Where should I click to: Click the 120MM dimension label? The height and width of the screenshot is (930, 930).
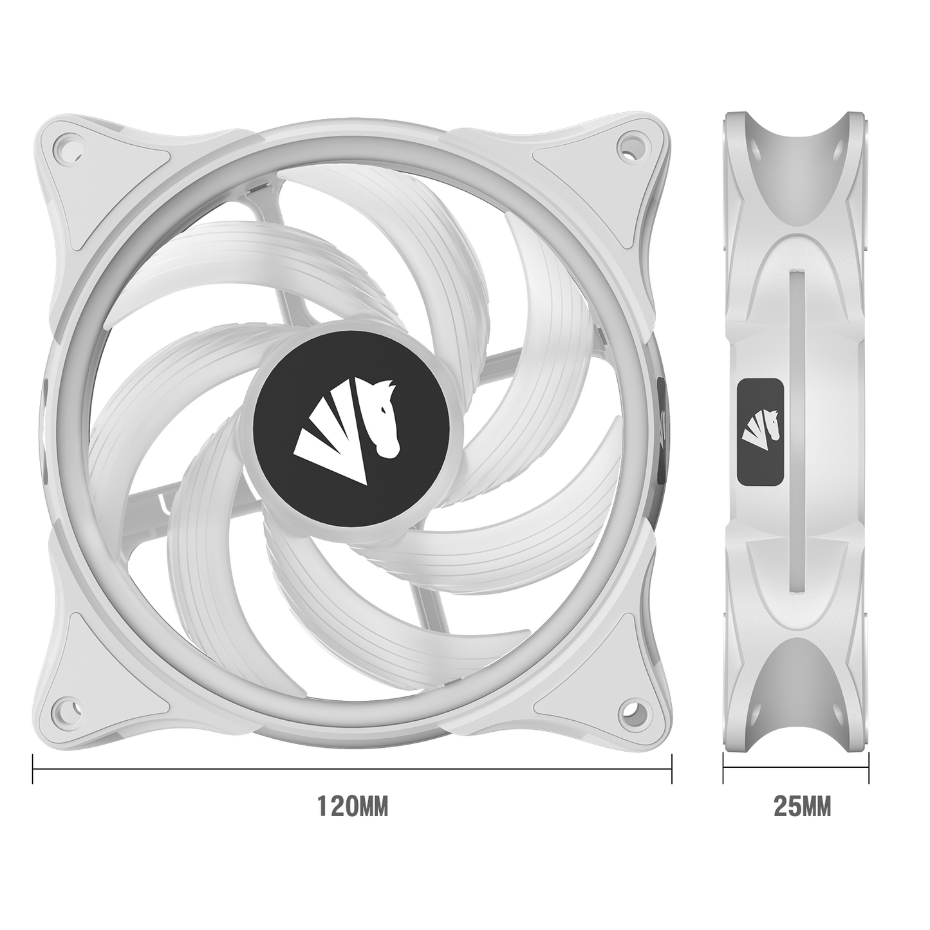pos(353,819)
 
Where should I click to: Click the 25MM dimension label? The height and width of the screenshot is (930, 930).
pos(802,819)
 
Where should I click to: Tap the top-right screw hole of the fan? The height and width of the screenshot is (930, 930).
pos(629,144)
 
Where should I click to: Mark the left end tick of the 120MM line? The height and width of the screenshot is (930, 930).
pos(33,767)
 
